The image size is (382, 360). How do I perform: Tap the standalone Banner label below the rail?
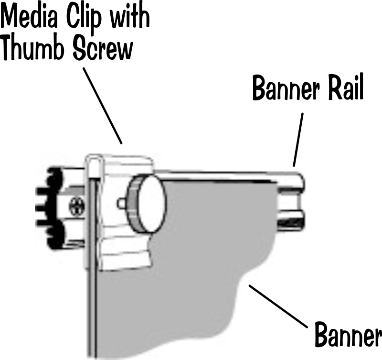coord(347,336)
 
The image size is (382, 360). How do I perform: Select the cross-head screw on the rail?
coord(75,207)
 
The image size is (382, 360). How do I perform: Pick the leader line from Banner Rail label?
coord(298,139)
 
